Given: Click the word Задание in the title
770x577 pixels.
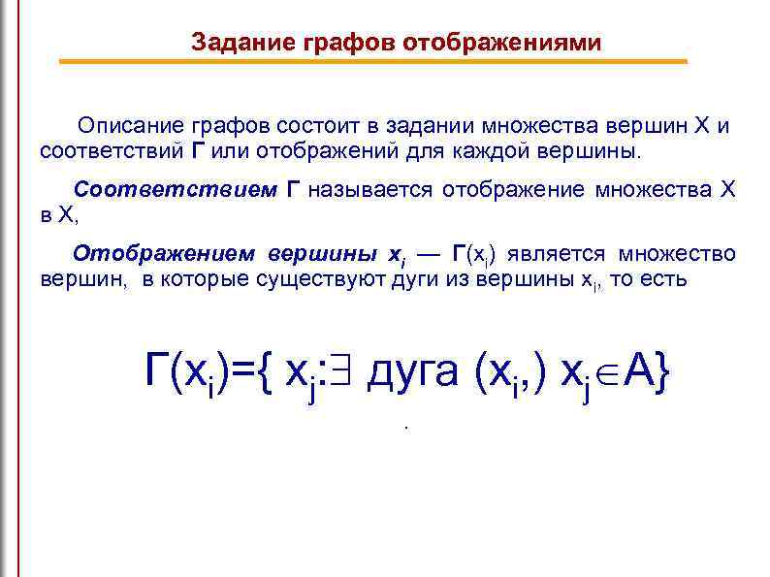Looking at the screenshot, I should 233,43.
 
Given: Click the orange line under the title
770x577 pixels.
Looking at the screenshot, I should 373,61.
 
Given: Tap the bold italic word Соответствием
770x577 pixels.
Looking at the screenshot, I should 176,190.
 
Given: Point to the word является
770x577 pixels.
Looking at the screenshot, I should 554,254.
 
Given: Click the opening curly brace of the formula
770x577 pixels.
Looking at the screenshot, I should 267,370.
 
